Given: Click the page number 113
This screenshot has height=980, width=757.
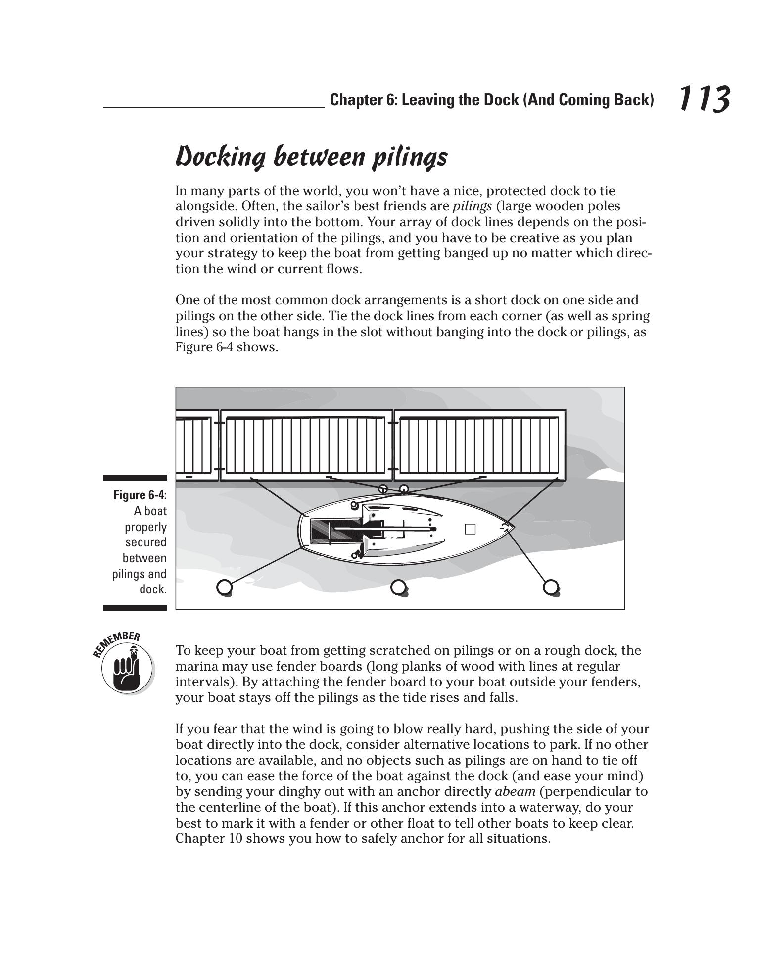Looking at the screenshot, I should [x=703, y=99].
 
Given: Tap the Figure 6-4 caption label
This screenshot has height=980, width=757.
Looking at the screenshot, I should [x=140, y=495].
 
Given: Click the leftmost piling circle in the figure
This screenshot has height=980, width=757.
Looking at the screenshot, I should [x=224, y=587].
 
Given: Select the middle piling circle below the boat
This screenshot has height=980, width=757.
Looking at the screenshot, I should [x=398, y=587].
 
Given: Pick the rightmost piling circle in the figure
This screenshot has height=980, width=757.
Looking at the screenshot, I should [x=551, y=587].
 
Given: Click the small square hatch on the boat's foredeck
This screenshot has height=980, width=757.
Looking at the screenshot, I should [x=470, y=529].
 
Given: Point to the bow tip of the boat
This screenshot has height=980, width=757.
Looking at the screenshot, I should [x=514, y=527].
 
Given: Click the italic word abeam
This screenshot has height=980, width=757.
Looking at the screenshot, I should [x=515, y=792].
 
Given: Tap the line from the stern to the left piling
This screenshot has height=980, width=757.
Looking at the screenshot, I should [x=262, y=568].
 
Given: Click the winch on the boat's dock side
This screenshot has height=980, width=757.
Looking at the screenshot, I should [x=354, y=505].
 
